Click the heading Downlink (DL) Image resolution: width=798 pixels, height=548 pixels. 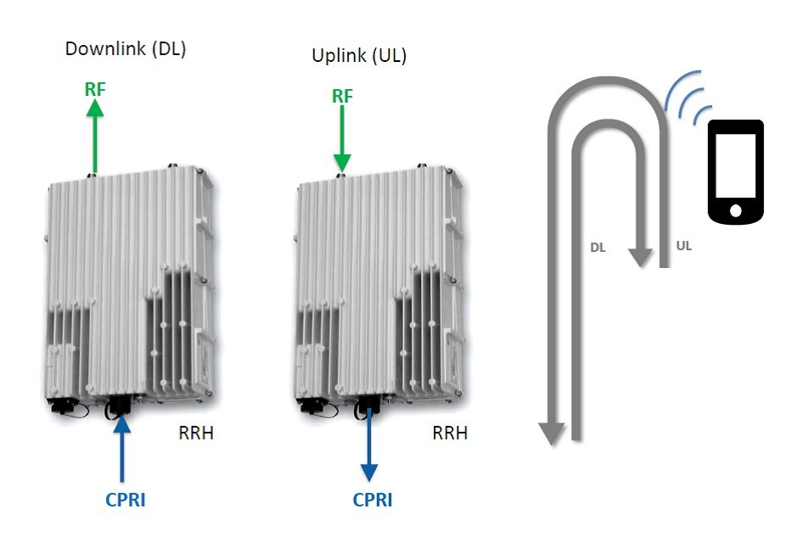(126, 49)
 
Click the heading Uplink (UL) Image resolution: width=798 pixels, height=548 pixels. (359, 55)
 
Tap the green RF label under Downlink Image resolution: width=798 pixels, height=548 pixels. (95, 89)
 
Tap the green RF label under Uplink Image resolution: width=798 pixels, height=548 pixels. (342, 96)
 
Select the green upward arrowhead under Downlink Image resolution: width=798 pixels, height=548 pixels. (95, 108)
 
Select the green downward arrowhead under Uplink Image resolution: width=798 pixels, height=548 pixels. (342, 163)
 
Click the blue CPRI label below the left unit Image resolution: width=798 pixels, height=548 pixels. (125, 500)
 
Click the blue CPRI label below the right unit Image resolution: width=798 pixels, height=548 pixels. (373, 500)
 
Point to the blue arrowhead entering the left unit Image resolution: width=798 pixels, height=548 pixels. (121, 424)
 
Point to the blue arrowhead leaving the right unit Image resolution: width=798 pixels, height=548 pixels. (369, 473)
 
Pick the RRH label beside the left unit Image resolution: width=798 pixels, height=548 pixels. (196, 433)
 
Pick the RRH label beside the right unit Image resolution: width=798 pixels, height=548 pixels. (450, 433)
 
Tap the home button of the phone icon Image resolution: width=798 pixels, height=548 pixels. (735, 210)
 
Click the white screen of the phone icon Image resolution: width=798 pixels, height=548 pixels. (735, 165)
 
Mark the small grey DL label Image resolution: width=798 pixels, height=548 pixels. (598, 248)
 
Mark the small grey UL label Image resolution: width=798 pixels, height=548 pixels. (683, 246)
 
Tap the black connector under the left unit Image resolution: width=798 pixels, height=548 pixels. (119, 406)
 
